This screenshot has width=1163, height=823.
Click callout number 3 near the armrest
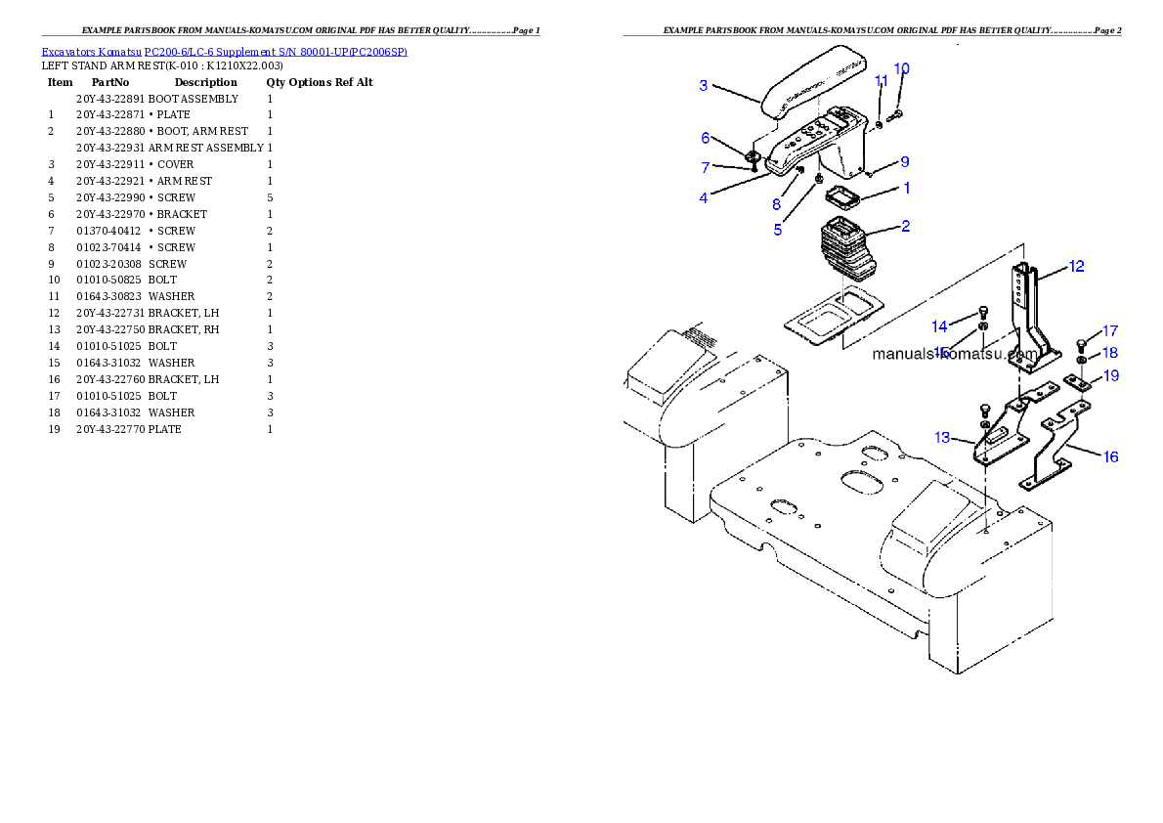703,86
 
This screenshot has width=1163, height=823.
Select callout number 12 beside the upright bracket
1076,266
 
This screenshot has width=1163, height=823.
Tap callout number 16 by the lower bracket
1111,456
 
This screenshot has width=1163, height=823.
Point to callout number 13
942,438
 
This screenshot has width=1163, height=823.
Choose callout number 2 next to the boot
906,227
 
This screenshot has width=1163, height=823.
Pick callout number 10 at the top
901,68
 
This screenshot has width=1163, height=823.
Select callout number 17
1110,331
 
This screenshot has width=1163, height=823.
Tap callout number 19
1111,375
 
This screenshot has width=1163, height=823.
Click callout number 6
705,138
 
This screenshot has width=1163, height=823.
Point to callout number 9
905,161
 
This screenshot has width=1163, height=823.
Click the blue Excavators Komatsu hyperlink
224,51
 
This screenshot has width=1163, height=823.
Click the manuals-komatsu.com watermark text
955,354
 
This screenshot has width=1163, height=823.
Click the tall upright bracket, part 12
1026,313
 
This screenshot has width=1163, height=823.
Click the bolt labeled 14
982,313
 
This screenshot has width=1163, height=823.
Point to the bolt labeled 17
1081,343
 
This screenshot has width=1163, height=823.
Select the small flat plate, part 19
1078,383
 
